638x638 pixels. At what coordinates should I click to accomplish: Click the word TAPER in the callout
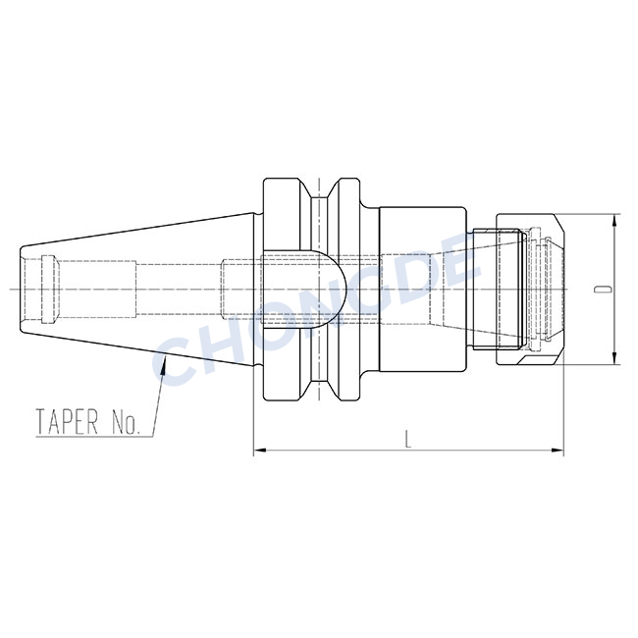[x=68, y=421]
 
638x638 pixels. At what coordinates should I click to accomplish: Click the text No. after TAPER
[x=126, y=421]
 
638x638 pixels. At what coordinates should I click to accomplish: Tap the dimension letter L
[x=408, y=440]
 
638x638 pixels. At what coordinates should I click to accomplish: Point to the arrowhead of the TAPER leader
[x=164, y=362]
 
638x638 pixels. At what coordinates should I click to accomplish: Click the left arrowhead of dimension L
[x=260, y=450]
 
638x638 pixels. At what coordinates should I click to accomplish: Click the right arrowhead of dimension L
[x=558, y=450]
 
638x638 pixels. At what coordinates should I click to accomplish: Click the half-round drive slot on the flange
[x=302, y=290]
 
